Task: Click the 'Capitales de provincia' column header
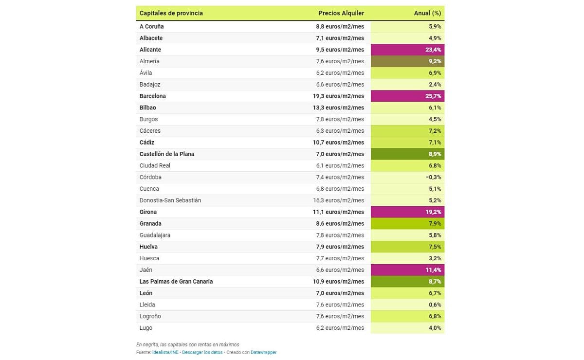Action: coord(171,13)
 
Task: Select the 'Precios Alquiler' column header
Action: coord(341,13)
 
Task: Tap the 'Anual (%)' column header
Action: coord(427,13)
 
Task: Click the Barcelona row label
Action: coord(152,96)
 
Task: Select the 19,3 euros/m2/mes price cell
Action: coord(340,96)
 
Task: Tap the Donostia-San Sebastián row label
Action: coord(170,200)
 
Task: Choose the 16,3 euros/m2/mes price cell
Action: coord(340,200)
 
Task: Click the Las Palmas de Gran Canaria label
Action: coord(176,282)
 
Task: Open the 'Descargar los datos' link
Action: coord(202,352)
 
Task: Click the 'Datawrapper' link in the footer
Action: coord(263,352)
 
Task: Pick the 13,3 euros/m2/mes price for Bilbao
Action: coord(340,108)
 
